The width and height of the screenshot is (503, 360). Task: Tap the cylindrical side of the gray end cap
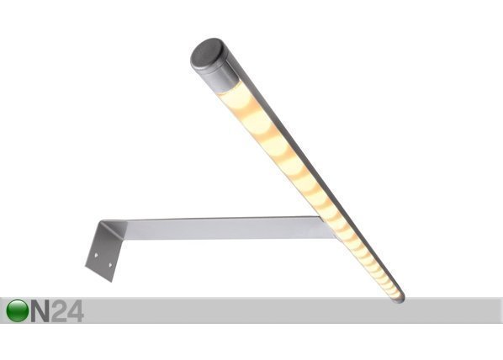220,76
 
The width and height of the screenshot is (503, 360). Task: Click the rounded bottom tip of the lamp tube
399,299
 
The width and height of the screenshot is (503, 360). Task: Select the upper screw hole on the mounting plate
96,256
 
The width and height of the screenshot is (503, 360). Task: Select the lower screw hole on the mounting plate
110,265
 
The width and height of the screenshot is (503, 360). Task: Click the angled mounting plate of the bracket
102,251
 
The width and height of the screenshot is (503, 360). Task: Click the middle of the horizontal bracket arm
221,229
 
